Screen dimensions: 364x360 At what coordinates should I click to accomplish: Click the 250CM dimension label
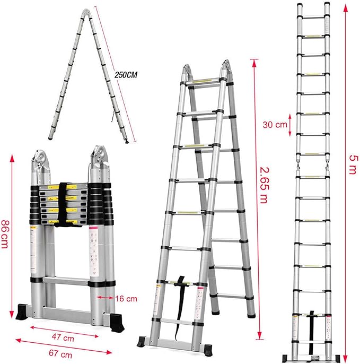point(125,75)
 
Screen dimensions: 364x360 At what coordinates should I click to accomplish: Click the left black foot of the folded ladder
point(26,310)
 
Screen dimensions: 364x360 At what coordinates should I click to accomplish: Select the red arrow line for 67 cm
point(63,345)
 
